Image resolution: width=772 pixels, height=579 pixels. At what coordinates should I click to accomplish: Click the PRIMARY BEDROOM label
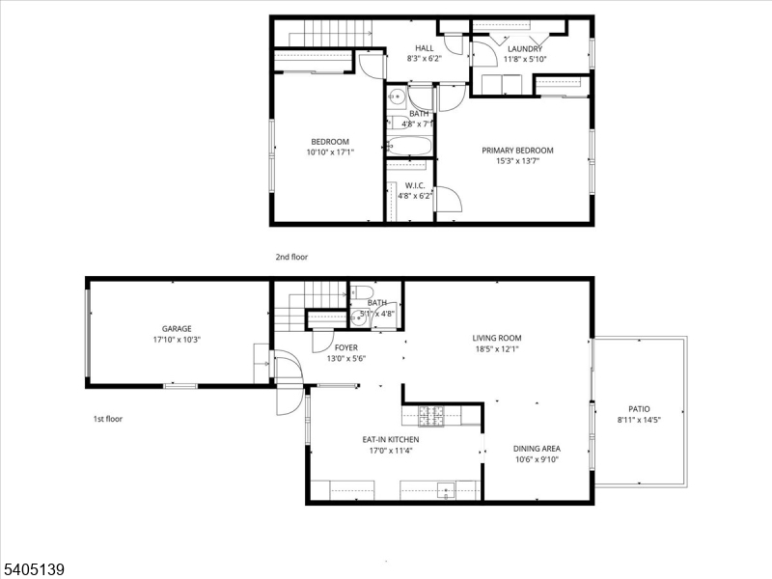pyautogui.click(x=517, y=151)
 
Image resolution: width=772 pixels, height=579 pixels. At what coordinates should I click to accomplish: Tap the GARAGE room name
pyautogui.click(x=177, y=328)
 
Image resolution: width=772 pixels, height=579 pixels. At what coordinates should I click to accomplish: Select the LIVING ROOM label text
pyautogui.click(x=497, y=338)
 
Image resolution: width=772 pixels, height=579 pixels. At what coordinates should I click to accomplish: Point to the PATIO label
pyautogui.click(x=639, y=408)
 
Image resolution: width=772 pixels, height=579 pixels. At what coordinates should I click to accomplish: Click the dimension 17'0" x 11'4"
pyautogui.click(x=390, y=451)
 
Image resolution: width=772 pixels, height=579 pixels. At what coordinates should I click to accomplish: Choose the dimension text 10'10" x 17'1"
pyautogui.click(x=330, y=152)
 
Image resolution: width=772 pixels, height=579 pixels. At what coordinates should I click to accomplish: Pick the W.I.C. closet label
pyautogui.click(x=415, y=185)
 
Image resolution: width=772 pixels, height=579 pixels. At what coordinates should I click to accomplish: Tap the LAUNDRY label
pyautogui.click(x=524, y=48)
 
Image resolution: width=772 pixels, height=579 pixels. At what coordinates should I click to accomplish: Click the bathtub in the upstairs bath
pyautogui.click(x=410, y=148)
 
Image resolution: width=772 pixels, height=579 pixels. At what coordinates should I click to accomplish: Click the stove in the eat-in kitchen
pyautogui.click(x=430, y=416)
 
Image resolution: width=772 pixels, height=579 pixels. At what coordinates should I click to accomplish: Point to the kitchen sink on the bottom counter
pyautogui.click(x=445, y=489)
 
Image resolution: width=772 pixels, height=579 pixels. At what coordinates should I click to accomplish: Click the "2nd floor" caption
pyautogui.click(x=291, y=257)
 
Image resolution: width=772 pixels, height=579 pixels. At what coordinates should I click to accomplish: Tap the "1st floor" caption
pyautogui.click(x=107, y=419)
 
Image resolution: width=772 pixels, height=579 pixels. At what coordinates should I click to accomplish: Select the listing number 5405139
pyautogui.click(x=34, y=569)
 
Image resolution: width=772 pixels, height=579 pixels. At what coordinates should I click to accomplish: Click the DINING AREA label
pyautogui.click(x=538, y=449)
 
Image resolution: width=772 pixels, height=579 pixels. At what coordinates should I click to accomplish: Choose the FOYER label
pyautogui.click(x=345, y=347)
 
